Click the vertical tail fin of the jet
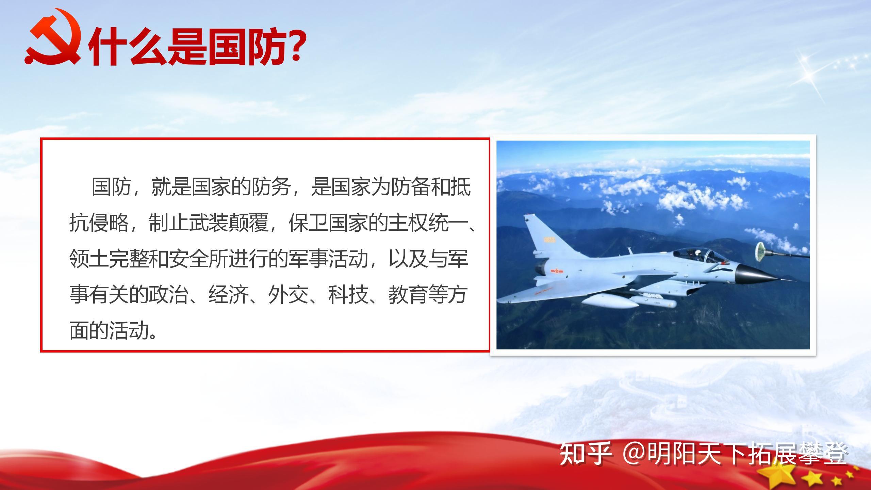pyautogui.click(x=548, y=238)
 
